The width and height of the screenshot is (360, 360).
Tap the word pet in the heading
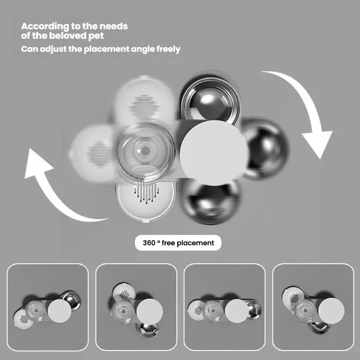coord(96,36)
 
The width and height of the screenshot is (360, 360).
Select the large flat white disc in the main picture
coord(214,153)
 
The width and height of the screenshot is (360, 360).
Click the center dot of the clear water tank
coord(145,151)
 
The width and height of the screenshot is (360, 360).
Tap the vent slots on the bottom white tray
coord(147,193)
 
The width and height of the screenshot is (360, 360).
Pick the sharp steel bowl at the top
coord(210,99)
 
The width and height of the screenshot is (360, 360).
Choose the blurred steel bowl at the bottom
coord(211,202)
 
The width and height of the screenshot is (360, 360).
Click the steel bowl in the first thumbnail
coord(72,299)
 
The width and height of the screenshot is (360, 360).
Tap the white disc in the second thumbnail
coord(150,311)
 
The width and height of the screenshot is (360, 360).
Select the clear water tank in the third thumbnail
coord(213,310)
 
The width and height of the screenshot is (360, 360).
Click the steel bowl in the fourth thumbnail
coord(319,327)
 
